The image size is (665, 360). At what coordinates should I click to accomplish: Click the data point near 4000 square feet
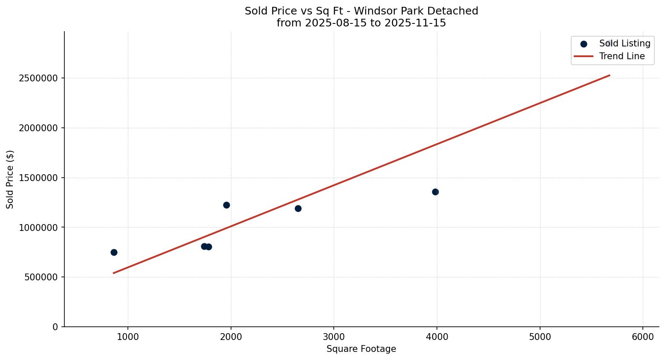[435, 192]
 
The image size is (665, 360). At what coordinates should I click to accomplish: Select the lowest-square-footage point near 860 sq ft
[114, 252]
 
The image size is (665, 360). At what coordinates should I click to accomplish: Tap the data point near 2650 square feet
[298, 208]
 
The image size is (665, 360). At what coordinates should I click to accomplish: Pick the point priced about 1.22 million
[226, 205]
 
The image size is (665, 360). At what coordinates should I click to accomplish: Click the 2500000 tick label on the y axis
[38, 78]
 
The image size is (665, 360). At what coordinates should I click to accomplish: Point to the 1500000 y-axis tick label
[38, 178]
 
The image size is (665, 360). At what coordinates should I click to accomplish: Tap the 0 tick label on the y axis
[55, 327]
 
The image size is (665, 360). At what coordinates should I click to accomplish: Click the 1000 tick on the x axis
[128, 337]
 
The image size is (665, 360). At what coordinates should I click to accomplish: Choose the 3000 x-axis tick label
[334, 337]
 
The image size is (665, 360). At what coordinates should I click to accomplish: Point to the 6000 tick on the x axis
[643, 337]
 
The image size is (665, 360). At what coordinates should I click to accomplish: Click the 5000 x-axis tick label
[540, 337]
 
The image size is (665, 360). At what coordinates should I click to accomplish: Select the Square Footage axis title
[361, 349]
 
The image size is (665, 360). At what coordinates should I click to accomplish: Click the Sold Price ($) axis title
[10, 179]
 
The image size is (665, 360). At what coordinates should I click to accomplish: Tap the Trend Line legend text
[622, 56]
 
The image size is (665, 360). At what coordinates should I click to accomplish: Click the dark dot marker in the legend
[584, 44]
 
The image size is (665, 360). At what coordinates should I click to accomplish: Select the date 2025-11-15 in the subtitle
[415, 23]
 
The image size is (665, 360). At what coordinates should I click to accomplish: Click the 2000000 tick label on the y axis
[38, 128]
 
